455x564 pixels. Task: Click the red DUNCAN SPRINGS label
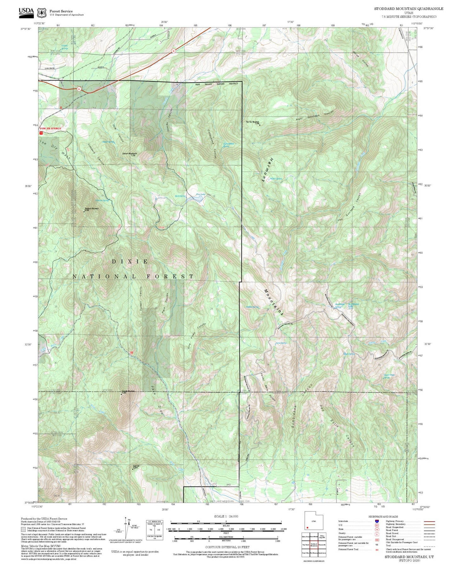tap(50, 128)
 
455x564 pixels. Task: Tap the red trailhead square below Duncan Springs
tap(41, 133)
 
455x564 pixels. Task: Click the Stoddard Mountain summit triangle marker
tap(84, 212)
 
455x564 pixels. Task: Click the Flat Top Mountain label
tap(253, 122)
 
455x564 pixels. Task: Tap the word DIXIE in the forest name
tap(130, 261)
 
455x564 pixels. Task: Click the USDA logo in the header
tap(26, 12)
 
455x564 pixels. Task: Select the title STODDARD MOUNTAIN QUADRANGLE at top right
tap(408, 8)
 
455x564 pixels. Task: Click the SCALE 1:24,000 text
tap(226, 516)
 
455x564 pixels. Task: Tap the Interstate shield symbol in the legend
tap(377, 521)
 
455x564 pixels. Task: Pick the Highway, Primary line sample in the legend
tap(429, 521)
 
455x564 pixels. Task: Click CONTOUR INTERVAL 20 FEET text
tap(226, 547)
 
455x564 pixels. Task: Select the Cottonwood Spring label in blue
tap(229, 145)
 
